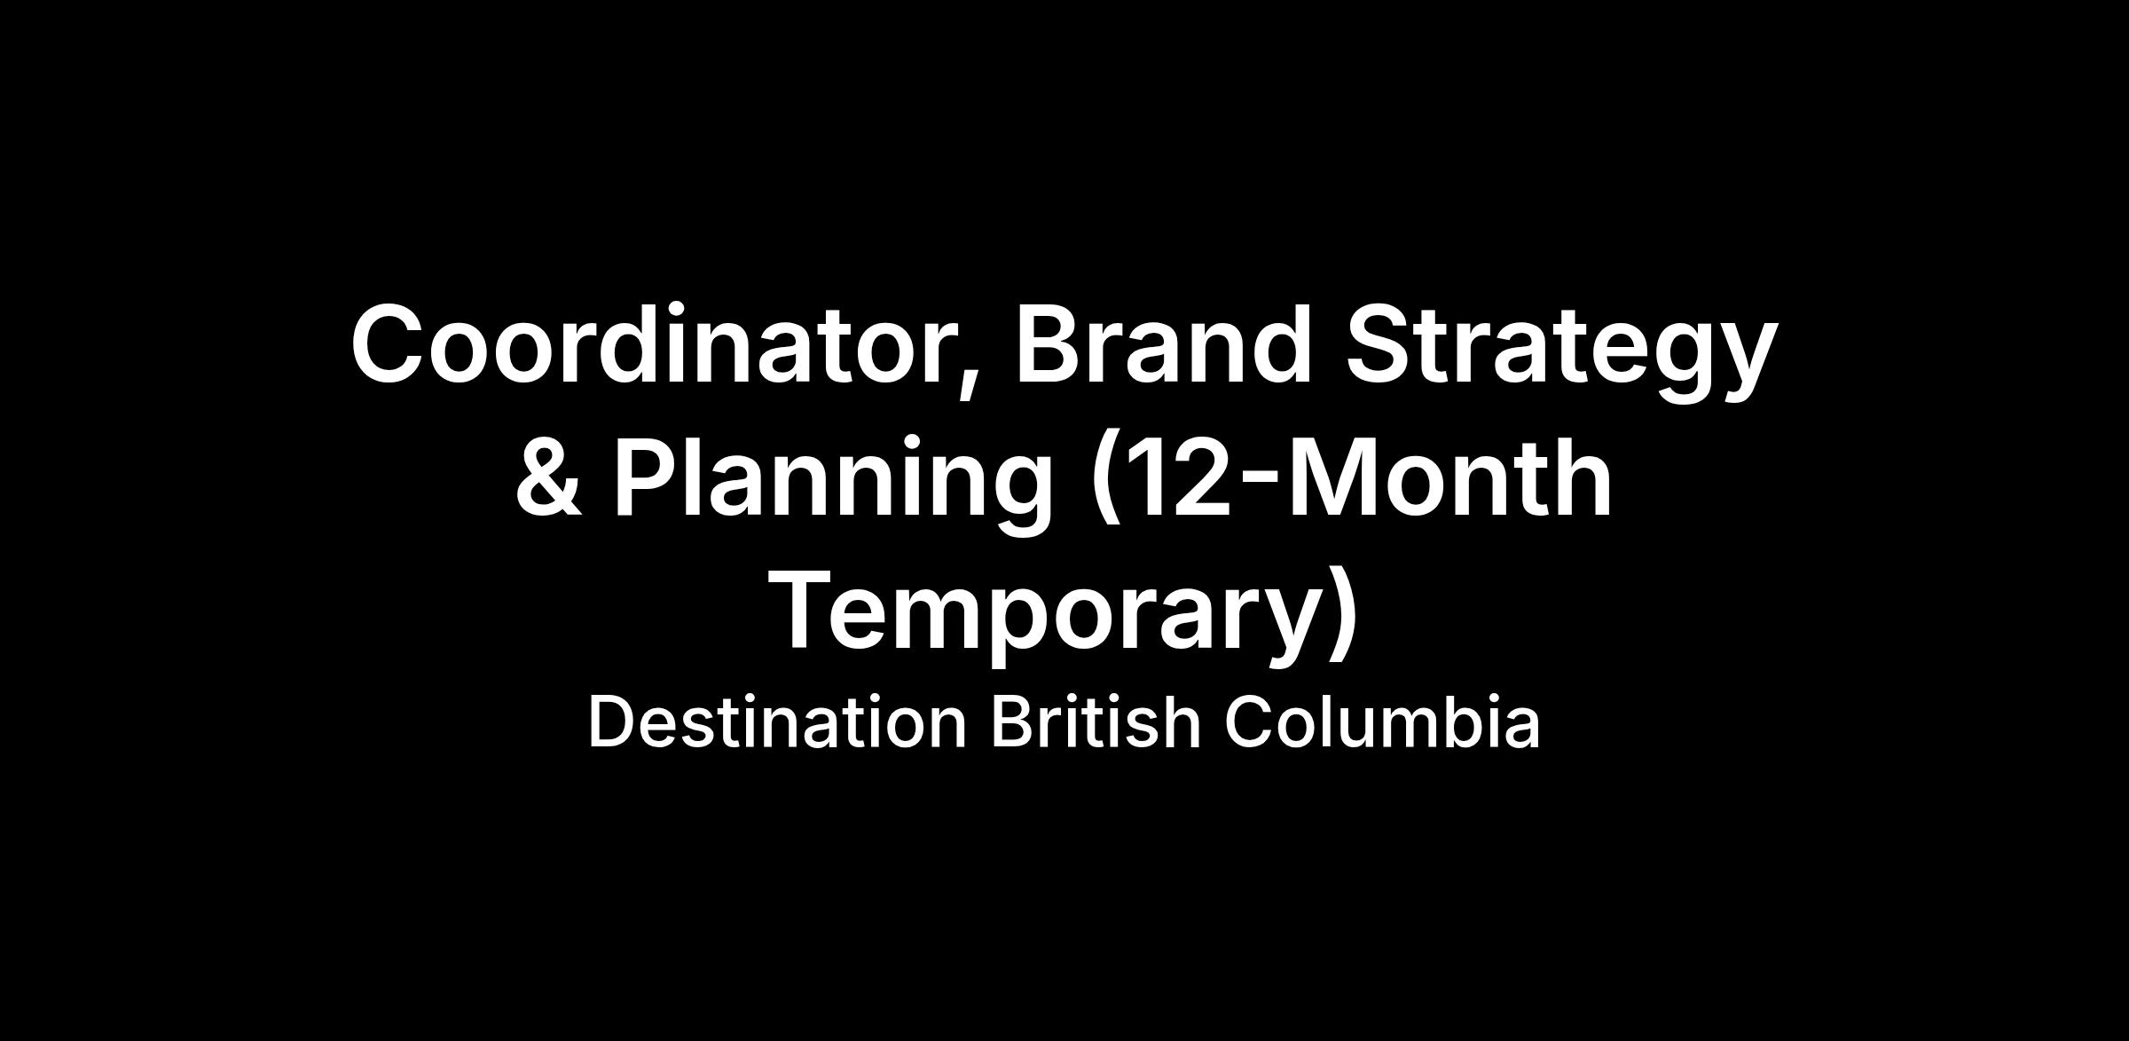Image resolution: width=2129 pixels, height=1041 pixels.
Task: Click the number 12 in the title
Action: click(x=1176, y=477)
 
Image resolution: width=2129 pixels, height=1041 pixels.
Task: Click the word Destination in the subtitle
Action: click(x=777, y=722)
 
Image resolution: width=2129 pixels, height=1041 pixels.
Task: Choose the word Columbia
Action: click(x=1382, y=722)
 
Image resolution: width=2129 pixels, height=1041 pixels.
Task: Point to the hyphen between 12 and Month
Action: click(x=1261, y=485)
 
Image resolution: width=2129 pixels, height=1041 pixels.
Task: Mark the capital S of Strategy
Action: click(x=1379, y=344)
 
